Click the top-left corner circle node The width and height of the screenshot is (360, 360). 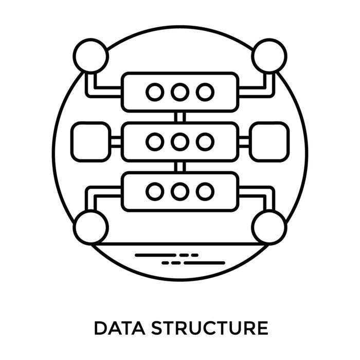click(x=91, y=56)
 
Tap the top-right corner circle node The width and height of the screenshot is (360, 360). click(x=269, y=56)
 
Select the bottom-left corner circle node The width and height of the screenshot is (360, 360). click(x=91, y=227)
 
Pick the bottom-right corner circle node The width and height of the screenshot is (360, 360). click(x=269, y=227)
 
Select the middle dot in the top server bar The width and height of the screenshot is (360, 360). click(x=179, y=92)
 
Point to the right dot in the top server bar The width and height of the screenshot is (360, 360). click(x=205, y=92)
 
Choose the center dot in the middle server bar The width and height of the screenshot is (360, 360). click(x=179, y=141)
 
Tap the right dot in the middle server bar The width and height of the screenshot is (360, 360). click(x=205, y=141)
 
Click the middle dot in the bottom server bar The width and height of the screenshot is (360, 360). click(x=179, y=191)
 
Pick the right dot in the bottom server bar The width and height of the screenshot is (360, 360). click(x=205, y=191)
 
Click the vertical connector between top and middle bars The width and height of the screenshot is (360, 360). click(x=179, y=117)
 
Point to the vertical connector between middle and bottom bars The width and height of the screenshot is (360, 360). click(x=179, y=167)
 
